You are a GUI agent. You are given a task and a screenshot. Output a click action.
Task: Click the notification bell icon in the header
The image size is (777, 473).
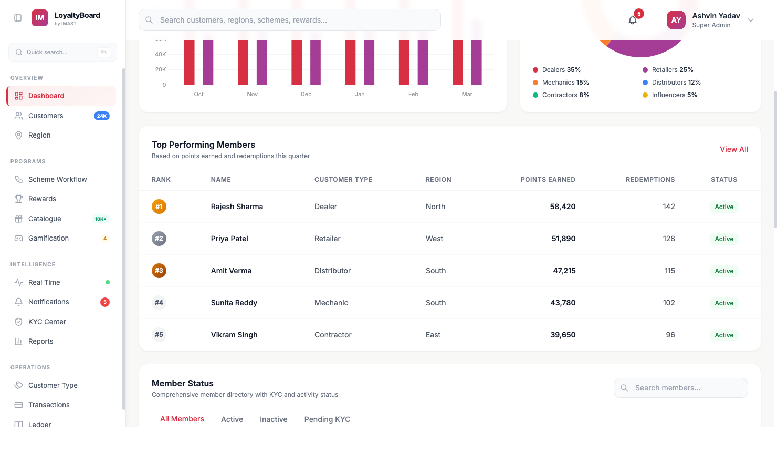pyautogui.click(x=633, y=20)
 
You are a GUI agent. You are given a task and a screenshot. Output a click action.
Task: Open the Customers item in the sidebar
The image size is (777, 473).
pyautogui.click(x=46, y=116)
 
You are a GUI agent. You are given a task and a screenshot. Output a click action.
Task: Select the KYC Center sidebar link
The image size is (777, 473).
pyautogui.click(x=47, y=322)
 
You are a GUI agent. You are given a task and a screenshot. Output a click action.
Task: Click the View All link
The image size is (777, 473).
pyautogui.click(x=733, y=149)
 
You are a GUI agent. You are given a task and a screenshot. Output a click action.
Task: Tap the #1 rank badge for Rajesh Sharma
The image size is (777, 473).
pyautogui.click(x=159, y=207)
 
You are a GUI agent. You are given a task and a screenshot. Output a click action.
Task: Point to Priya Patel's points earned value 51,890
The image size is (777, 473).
pyautogui.click(x=563, y=239)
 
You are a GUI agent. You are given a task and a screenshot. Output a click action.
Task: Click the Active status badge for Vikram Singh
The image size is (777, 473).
pyautogui.click(x=724, y=335)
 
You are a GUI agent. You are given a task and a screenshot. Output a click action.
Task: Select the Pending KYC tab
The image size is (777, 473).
pyautogui.click(x=327, y=419)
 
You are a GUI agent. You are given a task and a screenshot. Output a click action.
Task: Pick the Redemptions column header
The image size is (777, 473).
pyautogui.click(x=650, y=180)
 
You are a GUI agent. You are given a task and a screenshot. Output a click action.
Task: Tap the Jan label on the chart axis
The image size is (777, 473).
pyautogui.click(x=360, y=95)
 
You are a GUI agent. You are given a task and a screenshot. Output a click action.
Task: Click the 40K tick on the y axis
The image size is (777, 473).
pyautogui.click(x=161, y=54)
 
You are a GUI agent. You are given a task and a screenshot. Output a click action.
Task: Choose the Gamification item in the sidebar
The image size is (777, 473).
pyautogui.click(x=48, y=238)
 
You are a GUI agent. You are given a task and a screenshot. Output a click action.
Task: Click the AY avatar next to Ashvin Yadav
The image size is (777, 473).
pyautogui.click(x=676, y=20)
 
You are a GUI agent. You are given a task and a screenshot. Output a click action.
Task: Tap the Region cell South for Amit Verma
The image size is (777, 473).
pyautogui.click(x=436, y=271)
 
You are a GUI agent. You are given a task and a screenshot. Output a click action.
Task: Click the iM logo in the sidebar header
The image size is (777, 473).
pyautogui.click(x=40, y=18)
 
